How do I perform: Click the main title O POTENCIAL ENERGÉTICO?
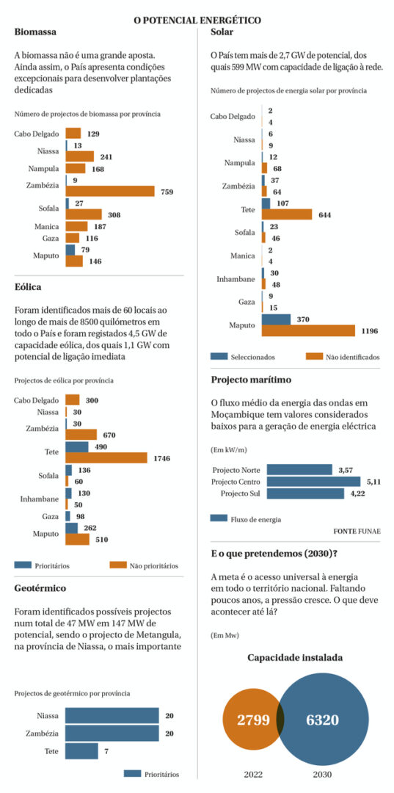pyautogui.click(x=197, y=21)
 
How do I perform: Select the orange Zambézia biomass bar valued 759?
pyautogui.click(x=110, y=191)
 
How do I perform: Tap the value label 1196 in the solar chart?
pyautogui.click(x=369, y=330)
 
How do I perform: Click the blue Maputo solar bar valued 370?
pyautogui.click(x=277, y=319)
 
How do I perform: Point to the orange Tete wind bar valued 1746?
pyautogui.click(x=106, y=457)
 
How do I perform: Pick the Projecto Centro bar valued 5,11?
pyautogui.click(x=314, y=482)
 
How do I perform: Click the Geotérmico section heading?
pyautogui.click(x=40, y=588)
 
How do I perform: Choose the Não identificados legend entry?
pyautogui.click(x=343, y=357)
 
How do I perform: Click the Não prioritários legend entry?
pyautogui.click(x=144, y=565)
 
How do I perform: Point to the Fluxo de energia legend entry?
pyautogui.click(x=246, y=518)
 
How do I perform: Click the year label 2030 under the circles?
pyautogui.click(x=322, y=775)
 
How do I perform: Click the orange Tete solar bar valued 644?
pyautogui.click(x=287, y=214)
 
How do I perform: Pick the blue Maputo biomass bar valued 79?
pyautogui.click(x=70, y=250)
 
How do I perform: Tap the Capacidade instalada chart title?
pyautogui.click(x=295, y=658)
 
